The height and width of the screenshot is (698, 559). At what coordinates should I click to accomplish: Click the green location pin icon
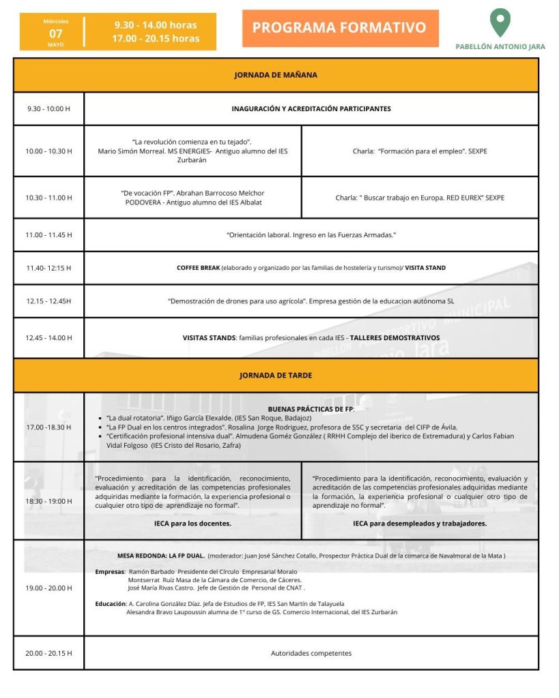click(x=500, y=22)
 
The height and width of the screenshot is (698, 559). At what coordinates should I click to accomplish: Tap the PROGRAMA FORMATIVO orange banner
click(x=339, y=28)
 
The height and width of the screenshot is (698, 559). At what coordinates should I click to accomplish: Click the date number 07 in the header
click(x=56, y=33)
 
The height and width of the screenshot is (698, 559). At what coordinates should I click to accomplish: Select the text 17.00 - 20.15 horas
click(x=156, y=39)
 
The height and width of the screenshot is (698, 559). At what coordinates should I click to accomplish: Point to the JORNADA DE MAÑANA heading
click(x=276, y=75)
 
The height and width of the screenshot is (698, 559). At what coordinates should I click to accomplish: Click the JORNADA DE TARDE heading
click(x=276, y=376)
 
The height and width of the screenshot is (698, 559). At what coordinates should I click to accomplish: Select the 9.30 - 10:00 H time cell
click(x=48, y=108)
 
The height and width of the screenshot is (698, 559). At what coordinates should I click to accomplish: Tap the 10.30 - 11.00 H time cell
click(x=48, y=198)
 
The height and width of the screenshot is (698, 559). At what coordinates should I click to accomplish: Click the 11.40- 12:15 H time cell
click(x=48, y=268)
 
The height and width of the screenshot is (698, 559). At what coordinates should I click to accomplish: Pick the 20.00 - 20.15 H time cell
click(x=48, y=653)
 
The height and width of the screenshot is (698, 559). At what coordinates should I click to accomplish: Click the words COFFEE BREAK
click(x=198, y=268)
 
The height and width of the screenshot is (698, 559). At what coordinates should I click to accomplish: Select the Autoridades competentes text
click(x=311, y=653)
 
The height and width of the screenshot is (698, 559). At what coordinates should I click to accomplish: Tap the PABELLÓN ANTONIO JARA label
click(x=500, y=47)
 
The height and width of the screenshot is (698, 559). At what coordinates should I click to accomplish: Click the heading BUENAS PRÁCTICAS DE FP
click(x=311, y=409)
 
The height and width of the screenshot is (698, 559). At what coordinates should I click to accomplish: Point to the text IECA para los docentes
click(x=192, y=523)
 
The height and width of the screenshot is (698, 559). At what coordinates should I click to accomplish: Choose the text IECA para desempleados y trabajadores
click(x=420, y=523)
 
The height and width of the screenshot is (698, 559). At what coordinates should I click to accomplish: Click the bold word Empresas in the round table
click(x=109, y=571)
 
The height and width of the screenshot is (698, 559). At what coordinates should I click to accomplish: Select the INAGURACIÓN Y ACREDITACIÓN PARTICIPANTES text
click(x=311, y=108)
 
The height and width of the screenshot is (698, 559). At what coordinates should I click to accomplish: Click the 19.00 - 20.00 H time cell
click(x=48, y=588)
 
